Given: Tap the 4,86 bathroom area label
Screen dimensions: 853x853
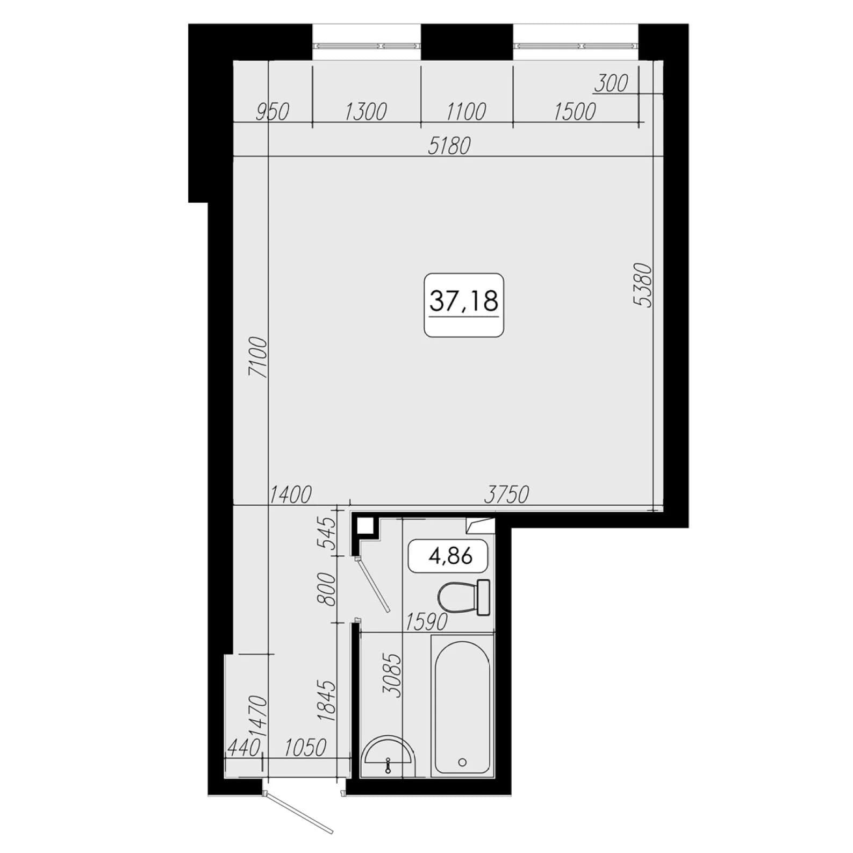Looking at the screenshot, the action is click(x=450, y=556).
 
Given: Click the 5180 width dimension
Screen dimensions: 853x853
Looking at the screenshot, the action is click(x=449, y=146).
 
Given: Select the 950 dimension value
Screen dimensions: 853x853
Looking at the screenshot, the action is click(x=273, y=112).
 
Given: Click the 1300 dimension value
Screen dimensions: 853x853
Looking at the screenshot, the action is click(x=365, y=112).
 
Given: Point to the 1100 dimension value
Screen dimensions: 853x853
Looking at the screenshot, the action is click(x=466, y=112).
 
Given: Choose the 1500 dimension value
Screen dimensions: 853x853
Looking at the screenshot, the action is click(x=575, y=112).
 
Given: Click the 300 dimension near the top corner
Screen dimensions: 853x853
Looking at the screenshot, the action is click(x=612, y=84).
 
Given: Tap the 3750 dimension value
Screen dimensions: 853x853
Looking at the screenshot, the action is click(x=506, y=494).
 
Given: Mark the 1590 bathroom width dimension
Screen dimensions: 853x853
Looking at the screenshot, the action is click(x=426, y=622).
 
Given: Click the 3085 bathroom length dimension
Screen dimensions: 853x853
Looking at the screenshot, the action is click(x=393, y=676).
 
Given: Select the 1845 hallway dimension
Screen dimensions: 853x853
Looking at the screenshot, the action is click(x=326, y=700).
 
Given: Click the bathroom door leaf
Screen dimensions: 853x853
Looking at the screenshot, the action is click(x=373, y=585).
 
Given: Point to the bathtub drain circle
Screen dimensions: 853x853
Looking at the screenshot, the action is click(x=462, y=762).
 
